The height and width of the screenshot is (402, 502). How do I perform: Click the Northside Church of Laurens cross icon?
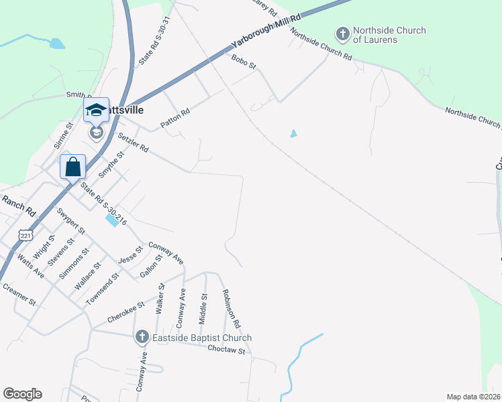pos(342,33)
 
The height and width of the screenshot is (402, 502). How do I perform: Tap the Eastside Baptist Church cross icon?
pos(142,337)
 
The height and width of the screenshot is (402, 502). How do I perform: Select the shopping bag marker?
pos(72,167)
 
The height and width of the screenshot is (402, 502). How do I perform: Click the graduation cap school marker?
pos(96,111)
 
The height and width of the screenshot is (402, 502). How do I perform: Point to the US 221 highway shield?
pos(26,235)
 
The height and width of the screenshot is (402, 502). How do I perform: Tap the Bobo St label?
pos(244,62)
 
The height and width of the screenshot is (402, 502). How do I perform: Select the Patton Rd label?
pos(175,119)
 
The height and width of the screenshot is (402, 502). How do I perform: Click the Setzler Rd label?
pos(133,142)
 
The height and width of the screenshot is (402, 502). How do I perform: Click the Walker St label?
pos(160,298)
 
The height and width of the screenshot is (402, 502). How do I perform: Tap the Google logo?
pos(22,394)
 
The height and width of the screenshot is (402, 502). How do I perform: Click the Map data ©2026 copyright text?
pos(473,397)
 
